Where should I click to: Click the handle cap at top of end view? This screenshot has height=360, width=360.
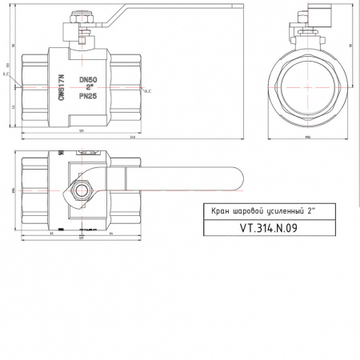click(x=313, y=18)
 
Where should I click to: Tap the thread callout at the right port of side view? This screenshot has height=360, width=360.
click(x=150, y=94)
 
